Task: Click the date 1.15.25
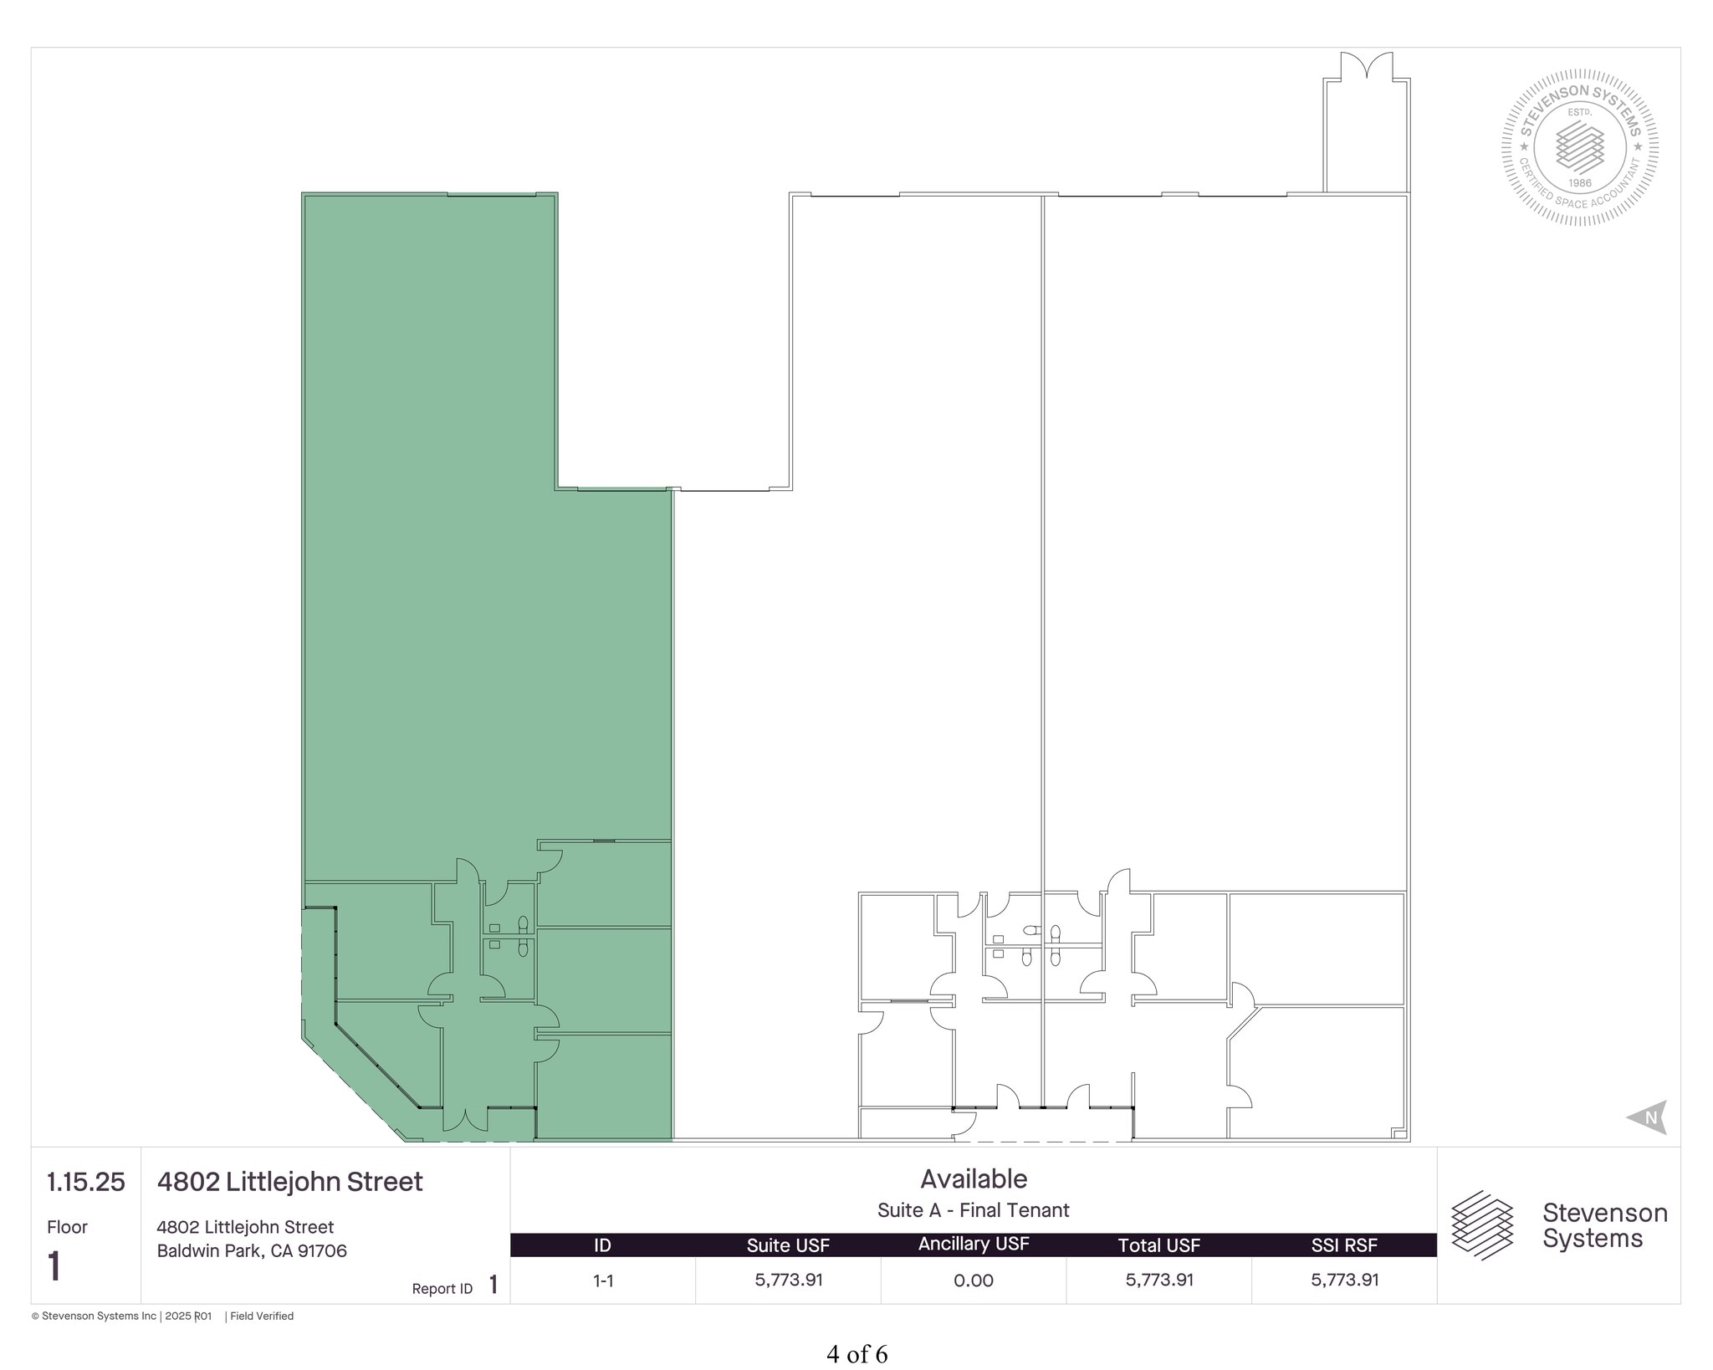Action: (x=86, y=1182)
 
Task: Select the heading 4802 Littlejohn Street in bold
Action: (x=290, y=1182)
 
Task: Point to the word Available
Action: (x=974, y=1178)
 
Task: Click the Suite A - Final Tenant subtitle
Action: (x=974, y=1210)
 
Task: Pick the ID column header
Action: (x=602, y=1245)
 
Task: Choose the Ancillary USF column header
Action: (x=974, y=1245)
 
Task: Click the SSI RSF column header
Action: (x=1344, y=1245)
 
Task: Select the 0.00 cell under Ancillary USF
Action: (x=974, y=1281)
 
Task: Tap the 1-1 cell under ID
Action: (x=603, y=1281)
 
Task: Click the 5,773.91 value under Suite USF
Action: (x=789, y=1280)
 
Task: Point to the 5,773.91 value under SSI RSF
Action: (x=1345, y=1280)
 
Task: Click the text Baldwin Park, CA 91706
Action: (x=252, y=1251)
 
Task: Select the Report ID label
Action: (x=442, y=1289)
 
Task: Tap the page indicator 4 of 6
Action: (x=856, y=1354)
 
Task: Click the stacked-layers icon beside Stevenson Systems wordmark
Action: (x=1482, y=1225)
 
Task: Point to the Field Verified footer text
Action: (x=262, y=1316)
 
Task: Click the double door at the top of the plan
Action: (x=1366, y=66)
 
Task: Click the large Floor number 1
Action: (x=55, y=1266)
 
